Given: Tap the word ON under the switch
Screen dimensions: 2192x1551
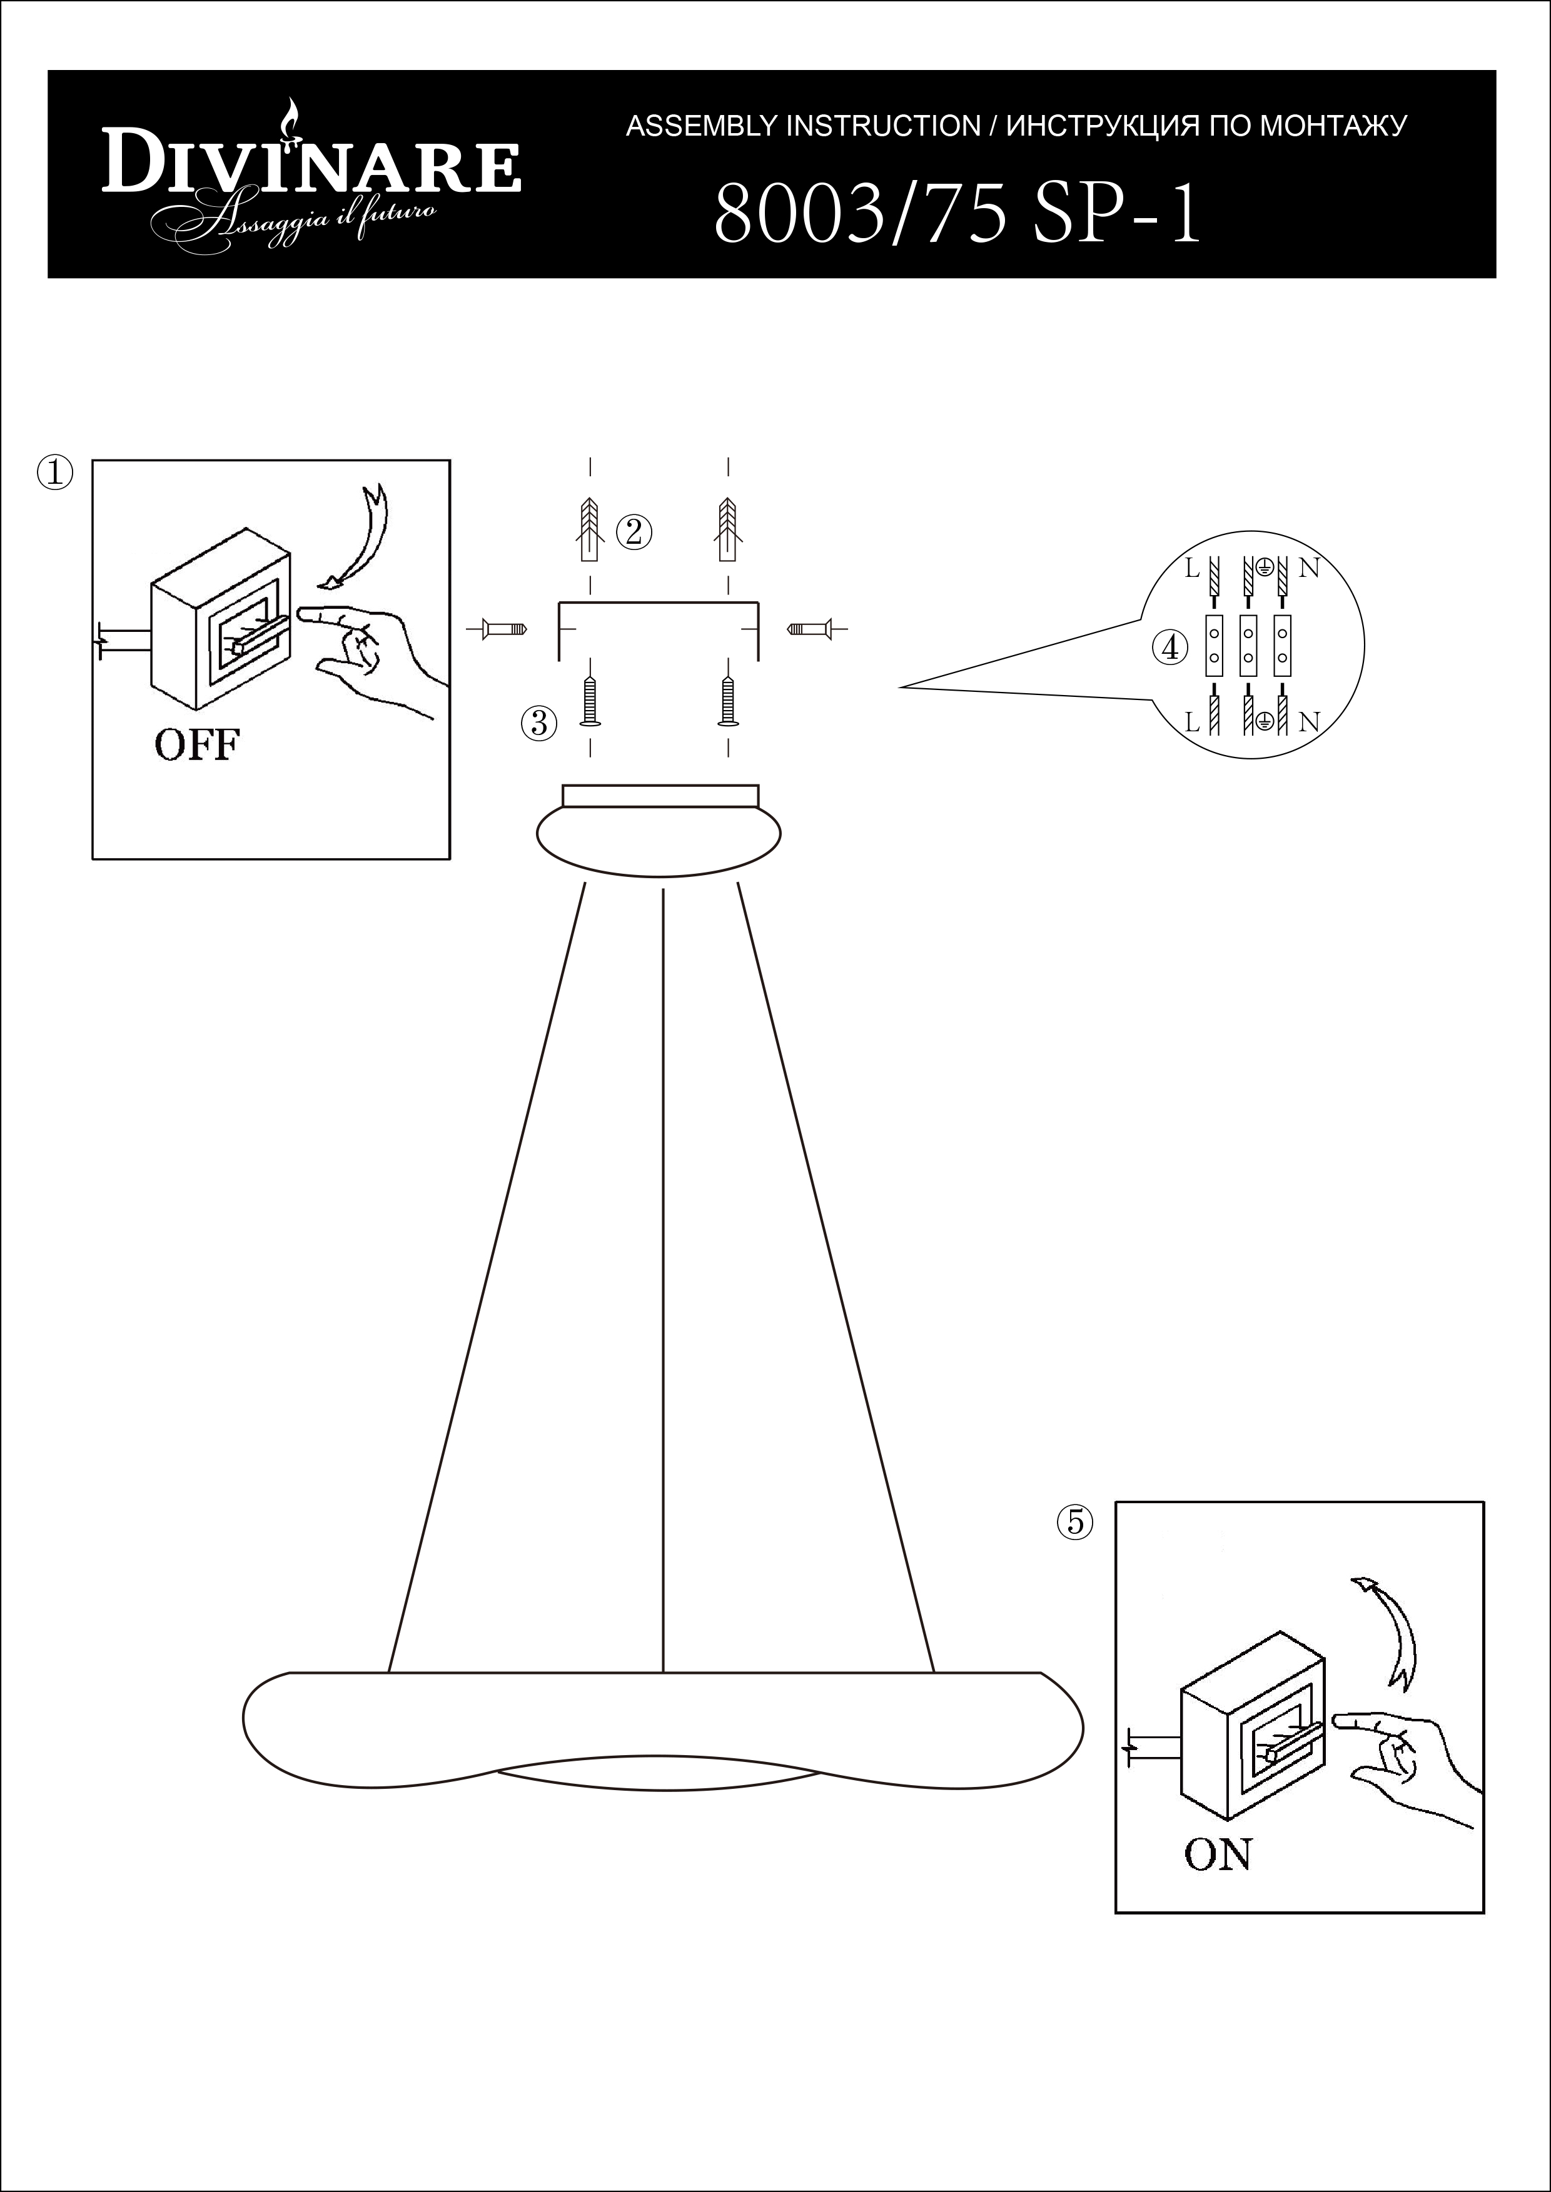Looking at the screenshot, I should point(1217,1855).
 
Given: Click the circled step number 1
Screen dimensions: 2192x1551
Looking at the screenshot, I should point(54,473).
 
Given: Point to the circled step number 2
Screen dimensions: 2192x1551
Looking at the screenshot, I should point(633,533).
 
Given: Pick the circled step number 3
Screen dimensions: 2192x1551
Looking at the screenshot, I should point(538,723).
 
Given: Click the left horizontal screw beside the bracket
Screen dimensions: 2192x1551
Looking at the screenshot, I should point(504,629).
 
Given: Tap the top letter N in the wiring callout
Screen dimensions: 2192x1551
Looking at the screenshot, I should point(1308,568).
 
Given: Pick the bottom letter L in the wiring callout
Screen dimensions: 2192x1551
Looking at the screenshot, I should point(1192,723).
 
